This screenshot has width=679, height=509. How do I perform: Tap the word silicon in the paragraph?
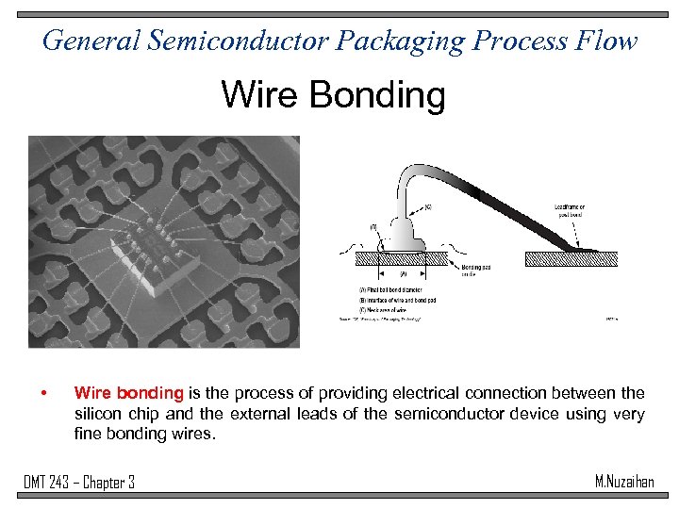pyautogui.click(x=99, y=414)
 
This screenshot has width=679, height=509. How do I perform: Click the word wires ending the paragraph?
pyautogui.click(x=193, y=435)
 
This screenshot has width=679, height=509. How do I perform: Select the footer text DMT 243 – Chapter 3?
pyautogui.click(x=79, y=483)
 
